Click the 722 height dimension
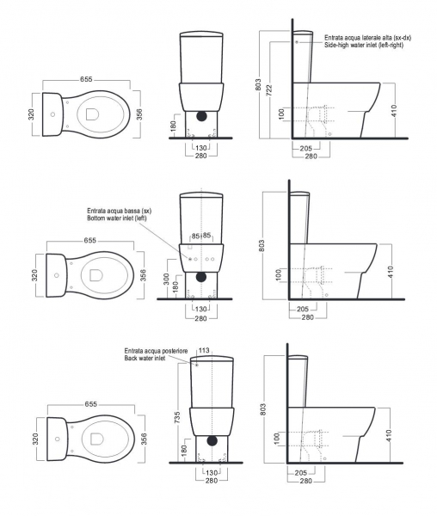[x=269, y=90]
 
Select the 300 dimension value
[x=166, y=279]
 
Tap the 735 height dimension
[x=178, y=419]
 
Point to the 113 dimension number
[x=205, y=351]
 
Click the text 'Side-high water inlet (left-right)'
[x=364, y=45]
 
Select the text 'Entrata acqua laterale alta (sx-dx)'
[x=367, y=38]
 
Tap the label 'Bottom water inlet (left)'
[x=117, y=218]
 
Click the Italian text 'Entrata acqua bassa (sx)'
[x=119, y=211]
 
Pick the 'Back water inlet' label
[x=145, y=358]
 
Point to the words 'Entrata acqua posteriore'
[x=156, y=351]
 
